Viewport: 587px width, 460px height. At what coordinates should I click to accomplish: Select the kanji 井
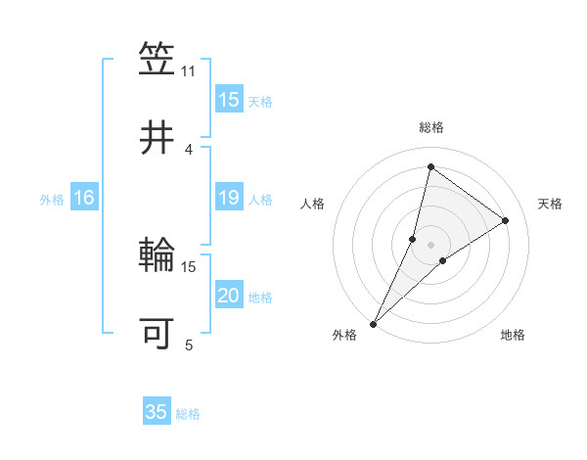(x=158, y=137)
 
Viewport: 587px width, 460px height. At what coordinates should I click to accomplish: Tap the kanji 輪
(x=158, y=255)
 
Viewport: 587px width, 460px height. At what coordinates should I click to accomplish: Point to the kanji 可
(x=158, y=333)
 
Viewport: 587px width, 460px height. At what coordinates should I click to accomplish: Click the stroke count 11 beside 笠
(x=189, y=71)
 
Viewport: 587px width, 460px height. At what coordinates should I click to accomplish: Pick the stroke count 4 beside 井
(x=189, y=149)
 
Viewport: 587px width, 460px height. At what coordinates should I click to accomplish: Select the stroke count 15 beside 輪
(x=189, y=266)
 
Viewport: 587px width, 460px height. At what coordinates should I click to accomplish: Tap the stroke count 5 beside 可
(x=189, y=345)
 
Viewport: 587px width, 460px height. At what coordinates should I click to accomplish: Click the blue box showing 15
(x=229, y=100)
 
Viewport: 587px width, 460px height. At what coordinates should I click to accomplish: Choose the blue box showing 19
(x=229, y=199)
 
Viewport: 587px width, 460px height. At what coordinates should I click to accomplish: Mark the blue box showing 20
(x=229, y=297)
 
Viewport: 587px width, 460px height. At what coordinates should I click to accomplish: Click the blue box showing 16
(x=84, y=199)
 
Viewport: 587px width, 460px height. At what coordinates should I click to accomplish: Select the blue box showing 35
(x=157, y=412)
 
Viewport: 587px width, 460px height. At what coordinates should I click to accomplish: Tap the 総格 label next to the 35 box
(x=188, y=414)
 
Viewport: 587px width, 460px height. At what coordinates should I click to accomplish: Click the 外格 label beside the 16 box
(x=52, y=200)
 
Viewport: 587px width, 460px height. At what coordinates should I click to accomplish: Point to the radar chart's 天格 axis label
(x=550, y=204)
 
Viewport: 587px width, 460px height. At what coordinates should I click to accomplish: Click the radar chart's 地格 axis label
(x=513, y=336)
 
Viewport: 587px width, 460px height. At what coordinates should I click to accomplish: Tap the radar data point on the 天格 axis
(x=506, y=220)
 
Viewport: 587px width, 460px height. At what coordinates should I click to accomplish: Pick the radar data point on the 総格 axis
(x=430, y=166)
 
